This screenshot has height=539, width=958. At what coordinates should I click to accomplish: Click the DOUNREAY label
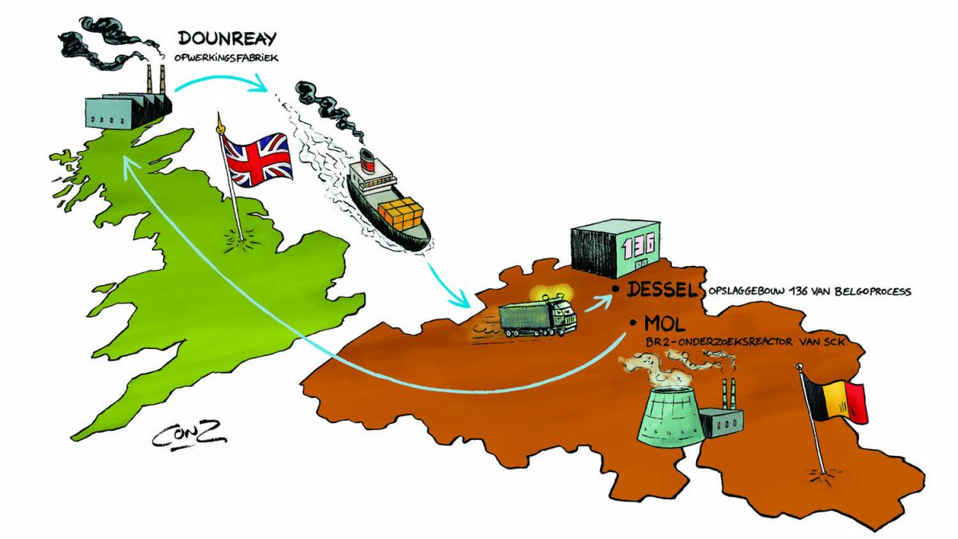tap(227, 39)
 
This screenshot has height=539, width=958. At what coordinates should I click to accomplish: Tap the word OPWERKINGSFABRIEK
tap(226, 57)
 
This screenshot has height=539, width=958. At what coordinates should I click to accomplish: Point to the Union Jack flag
tap(257, 160)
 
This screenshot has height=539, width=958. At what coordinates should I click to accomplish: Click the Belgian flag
tap(836, 400)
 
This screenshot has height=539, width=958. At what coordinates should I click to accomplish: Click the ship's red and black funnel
tap(367, 159)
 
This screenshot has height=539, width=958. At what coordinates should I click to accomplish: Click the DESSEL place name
tap(663, 290)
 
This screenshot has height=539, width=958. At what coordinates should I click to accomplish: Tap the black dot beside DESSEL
tap(616, 289)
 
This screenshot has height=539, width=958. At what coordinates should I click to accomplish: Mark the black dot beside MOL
tap(633, 322)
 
